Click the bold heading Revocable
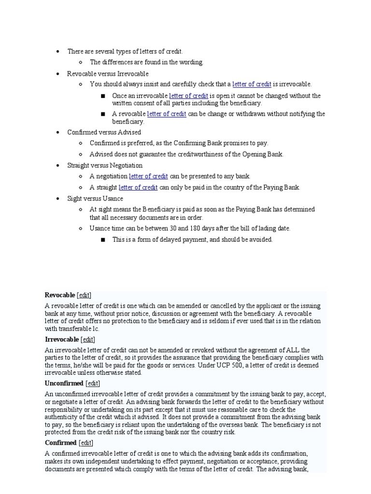(60, 295)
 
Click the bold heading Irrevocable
(62, 339)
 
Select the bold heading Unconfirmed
(64, 383)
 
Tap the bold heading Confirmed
(61, 442)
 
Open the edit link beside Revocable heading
(84, 295)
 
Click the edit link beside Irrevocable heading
(88, 339)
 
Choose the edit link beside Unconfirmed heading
(93, 383)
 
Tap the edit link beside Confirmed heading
(86, 442)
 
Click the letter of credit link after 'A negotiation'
(148, 176)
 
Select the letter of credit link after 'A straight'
(138, 187)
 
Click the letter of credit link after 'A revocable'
(167, 114)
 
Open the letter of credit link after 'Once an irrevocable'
(188, 96)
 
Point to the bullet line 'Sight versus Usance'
(95, 198)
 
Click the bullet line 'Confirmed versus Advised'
(104, 132)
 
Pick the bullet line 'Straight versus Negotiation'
(105, 165)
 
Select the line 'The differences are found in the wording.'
(147, 62)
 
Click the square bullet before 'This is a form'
(103, 240)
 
